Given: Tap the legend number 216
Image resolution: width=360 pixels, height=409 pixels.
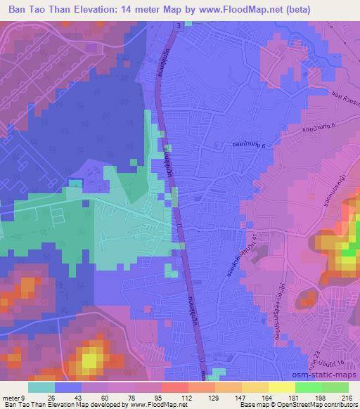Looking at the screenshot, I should click(347, 397).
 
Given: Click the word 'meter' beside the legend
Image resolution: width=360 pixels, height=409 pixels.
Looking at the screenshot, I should click(10, 397).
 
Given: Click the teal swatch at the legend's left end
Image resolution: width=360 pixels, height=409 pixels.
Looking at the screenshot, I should click(41, 387).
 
